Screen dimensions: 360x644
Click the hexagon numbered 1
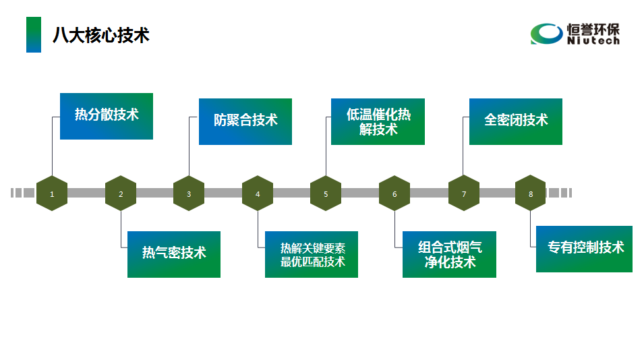[x=52, y=193]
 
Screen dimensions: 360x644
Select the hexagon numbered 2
[x=121, y=193]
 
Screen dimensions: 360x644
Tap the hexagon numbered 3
[x=189, y=193]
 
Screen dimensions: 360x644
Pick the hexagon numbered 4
[x=258, y=193]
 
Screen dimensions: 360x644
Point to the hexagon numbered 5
[x=326, y=193]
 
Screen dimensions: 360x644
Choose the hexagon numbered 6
[x=394, y=193]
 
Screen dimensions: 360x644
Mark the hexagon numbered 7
[x=464, y=193]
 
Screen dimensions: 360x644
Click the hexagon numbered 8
[x=531, y=193]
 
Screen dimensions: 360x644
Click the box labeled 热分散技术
[x=107, y=116]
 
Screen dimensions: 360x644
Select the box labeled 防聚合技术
[x=245, y=121]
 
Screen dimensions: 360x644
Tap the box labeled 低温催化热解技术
[x=378, y=122]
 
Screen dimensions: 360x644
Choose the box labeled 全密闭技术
[x=516, y=121]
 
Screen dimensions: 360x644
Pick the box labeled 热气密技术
[x=174, y=254]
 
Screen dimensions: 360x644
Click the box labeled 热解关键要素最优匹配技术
[x=312, y=254]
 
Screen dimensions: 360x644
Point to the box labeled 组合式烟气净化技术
[x=450, y=254]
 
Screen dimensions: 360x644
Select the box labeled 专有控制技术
[x=584, y=249]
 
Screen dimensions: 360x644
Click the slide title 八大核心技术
[x=101, y=35]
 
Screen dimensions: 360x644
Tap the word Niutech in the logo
[x=593, y=41]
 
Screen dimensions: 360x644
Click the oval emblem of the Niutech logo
[x=546, y=34]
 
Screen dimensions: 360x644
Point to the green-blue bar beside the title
[x=34, y=35]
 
